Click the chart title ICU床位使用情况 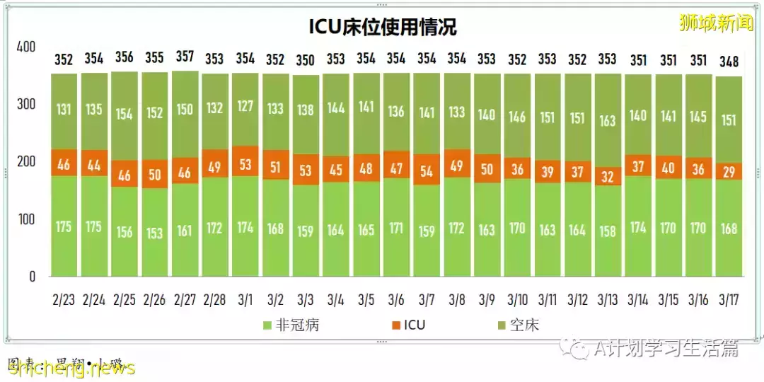382,27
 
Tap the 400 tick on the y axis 25,47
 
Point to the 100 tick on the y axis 25,219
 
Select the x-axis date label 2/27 185,300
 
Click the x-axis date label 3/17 729,300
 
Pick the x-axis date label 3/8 456,300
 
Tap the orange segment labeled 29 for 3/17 729,171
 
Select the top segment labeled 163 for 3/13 608,120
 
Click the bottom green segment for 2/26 154,232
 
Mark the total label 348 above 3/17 729,60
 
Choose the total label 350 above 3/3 306,59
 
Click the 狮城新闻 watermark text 715,23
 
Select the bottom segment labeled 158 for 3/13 608,231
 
